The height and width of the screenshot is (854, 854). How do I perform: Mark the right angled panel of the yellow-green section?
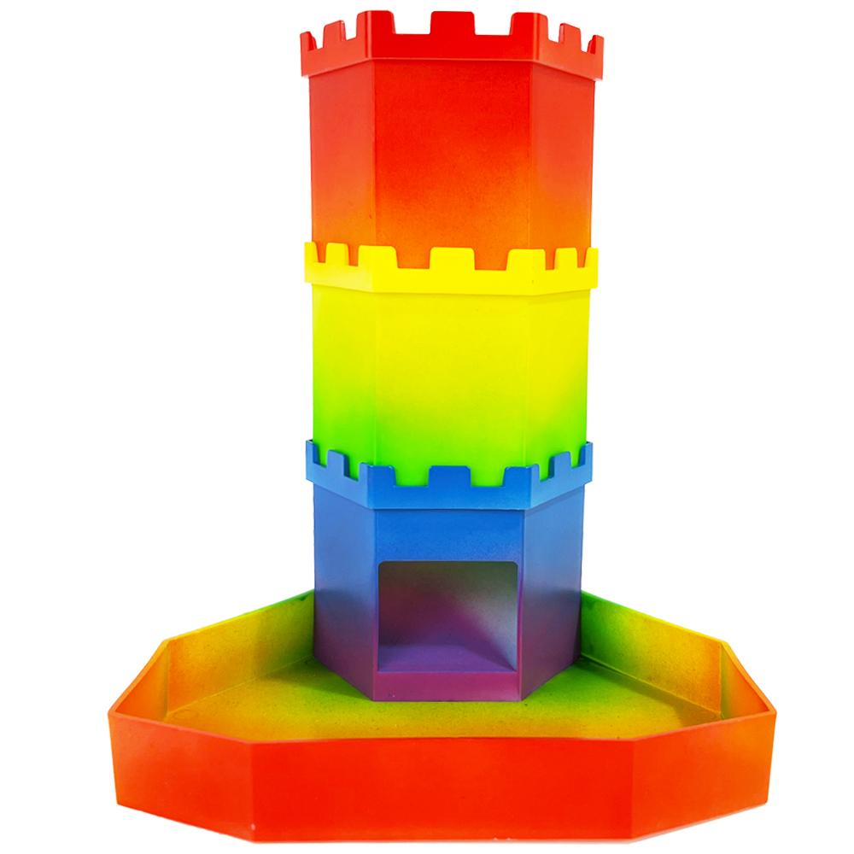[559, 367]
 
